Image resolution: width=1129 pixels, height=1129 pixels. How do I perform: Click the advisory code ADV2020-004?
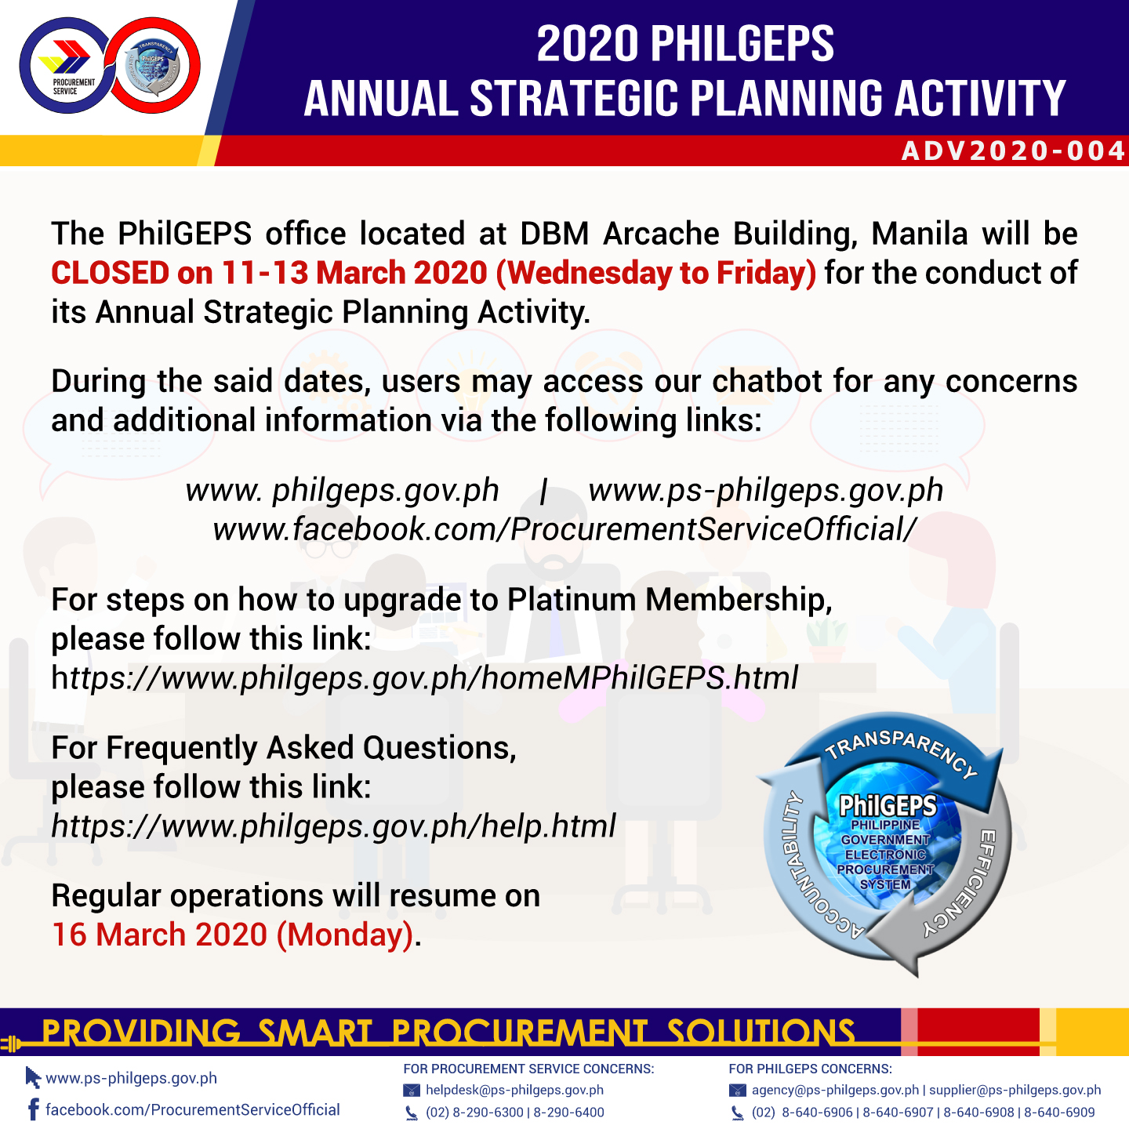(x=1013, y=151)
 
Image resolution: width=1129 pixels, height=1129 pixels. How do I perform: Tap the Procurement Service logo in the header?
(x=66, y=66)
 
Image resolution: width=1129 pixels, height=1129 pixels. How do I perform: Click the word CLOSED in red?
(x=110, y=273)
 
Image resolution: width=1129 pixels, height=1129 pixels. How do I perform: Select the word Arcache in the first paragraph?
(x=660, y=234)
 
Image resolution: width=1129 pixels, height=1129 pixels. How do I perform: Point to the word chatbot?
(x=766, y=381)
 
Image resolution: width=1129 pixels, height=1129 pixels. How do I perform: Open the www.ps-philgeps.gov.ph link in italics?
(x=765, y=491)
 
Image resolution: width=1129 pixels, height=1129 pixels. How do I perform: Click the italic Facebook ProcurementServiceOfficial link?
(x=564, y=530)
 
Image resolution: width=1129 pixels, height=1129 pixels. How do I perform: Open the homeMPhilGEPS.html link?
(x=424, y=678)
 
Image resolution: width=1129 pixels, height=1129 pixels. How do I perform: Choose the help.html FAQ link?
(x=333, y=826)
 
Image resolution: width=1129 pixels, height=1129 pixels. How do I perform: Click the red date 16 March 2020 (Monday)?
(x=233, y=935)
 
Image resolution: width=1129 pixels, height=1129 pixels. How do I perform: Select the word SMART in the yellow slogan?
(x=315, y=1033)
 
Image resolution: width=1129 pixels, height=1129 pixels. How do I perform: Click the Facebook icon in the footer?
(x=34, y=1109)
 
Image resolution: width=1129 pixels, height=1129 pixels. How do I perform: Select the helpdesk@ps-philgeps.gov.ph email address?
(x=514, y=1090)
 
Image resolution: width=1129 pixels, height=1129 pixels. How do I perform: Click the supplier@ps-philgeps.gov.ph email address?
(x=1015, y=1090)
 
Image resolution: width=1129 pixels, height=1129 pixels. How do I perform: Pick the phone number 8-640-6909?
(x=1059, y=1113)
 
